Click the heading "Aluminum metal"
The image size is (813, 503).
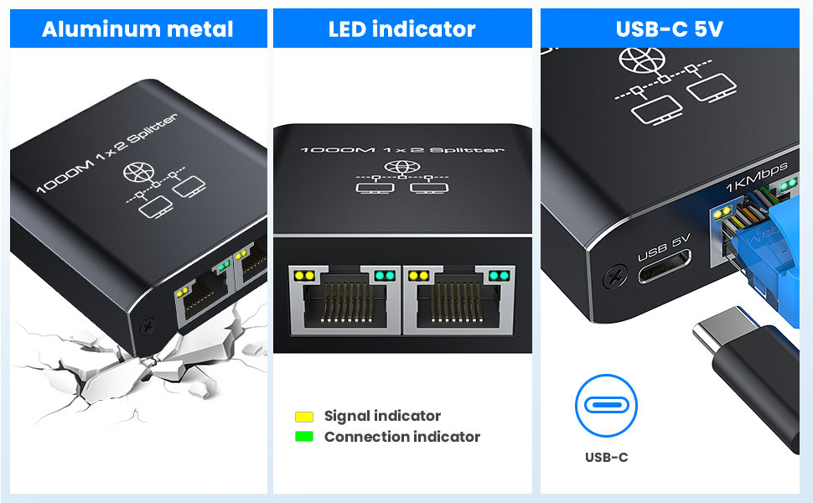[137, 29]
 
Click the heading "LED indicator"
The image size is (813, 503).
[402, 29]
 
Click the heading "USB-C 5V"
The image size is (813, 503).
[670, 29]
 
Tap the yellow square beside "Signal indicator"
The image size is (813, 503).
[304, 417]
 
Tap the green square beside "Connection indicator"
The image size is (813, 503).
[304, 437]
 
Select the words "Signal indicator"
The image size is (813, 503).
[382, 416]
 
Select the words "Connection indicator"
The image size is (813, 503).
[402, 437]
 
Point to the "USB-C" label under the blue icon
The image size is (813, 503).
[606, 457]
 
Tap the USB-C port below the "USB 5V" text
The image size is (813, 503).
[665, 273]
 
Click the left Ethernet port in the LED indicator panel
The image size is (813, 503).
[343, 300]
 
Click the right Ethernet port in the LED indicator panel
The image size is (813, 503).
[459, 300]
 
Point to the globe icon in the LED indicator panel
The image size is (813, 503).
[402, 168]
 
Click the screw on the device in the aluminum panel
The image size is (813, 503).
[148, 324]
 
